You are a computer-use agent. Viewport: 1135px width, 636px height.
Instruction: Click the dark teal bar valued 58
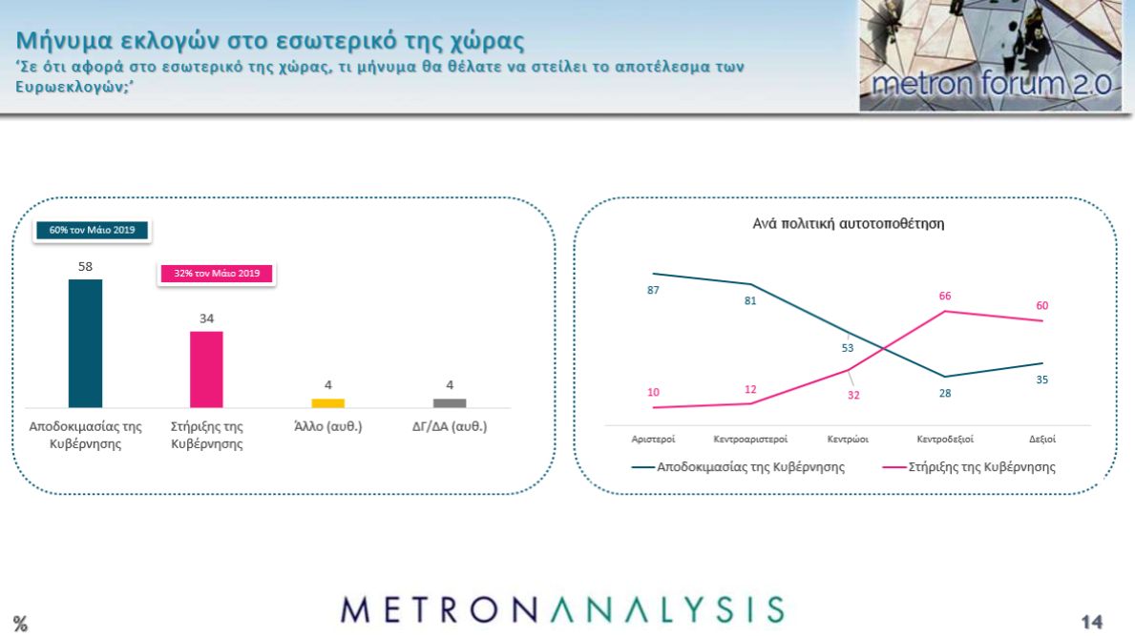85,343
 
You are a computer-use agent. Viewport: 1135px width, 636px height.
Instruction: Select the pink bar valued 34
206,369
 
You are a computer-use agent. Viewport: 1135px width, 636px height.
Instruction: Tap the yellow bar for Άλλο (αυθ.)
328,403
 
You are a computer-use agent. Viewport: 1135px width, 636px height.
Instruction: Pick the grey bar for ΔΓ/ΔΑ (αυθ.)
450,403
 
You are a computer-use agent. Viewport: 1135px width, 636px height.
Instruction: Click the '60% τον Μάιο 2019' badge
92,230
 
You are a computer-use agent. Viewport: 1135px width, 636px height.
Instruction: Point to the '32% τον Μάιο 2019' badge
217,274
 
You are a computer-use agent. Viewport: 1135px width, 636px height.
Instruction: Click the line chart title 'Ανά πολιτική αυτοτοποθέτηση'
849,224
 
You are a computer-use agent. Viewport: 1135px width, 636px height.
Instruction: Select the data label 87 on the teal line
653,290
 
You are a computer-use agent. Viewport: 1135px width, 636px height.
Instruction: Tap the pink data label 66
945,296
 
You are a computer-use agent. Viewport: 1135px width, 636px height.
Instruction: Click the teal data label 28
945,393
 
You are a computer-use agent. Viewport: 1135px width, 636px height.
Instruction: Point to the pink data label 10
653,393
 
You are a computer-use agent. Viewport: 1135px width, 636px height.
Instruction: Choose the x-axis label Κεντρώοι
848,439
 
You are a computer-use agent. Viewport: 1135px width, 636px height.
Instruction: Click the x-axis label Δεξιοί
1042,439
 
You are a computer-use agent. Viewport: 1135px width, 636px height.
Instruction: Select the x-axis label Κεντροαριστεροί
750,439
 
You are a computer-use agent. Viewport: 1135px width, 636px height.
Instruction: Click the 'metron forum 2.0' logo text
991,84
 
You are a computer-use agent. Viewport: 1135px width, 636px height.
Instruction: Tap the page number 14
1092,622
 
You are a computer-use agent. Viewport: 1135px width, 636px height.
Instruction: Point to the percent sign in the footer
20,624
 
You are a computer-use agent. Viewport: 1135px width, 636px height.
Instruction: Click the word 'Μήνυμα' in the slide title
64,40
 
